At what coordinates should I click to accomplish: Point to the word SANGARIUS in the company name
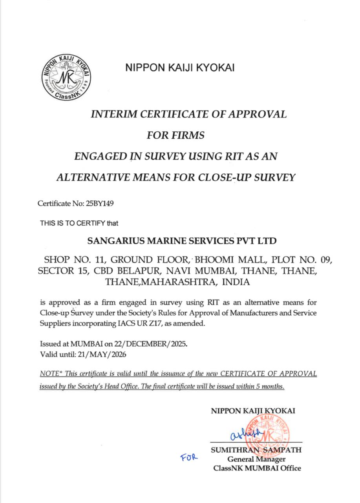(x=114, y=240)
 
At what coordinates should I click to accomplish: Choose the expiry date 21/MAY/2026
(x=103, y=354)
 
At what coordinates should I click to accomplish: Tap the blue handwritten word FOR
(x=189, y=457)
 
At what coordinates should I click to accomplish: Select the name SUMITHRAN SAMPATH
(x=256, y=450)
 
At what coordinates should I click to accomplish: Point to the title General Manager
(x=256, y=459)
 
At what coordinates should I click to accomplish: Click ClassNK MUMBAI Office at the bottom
(x=257, y=468)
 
